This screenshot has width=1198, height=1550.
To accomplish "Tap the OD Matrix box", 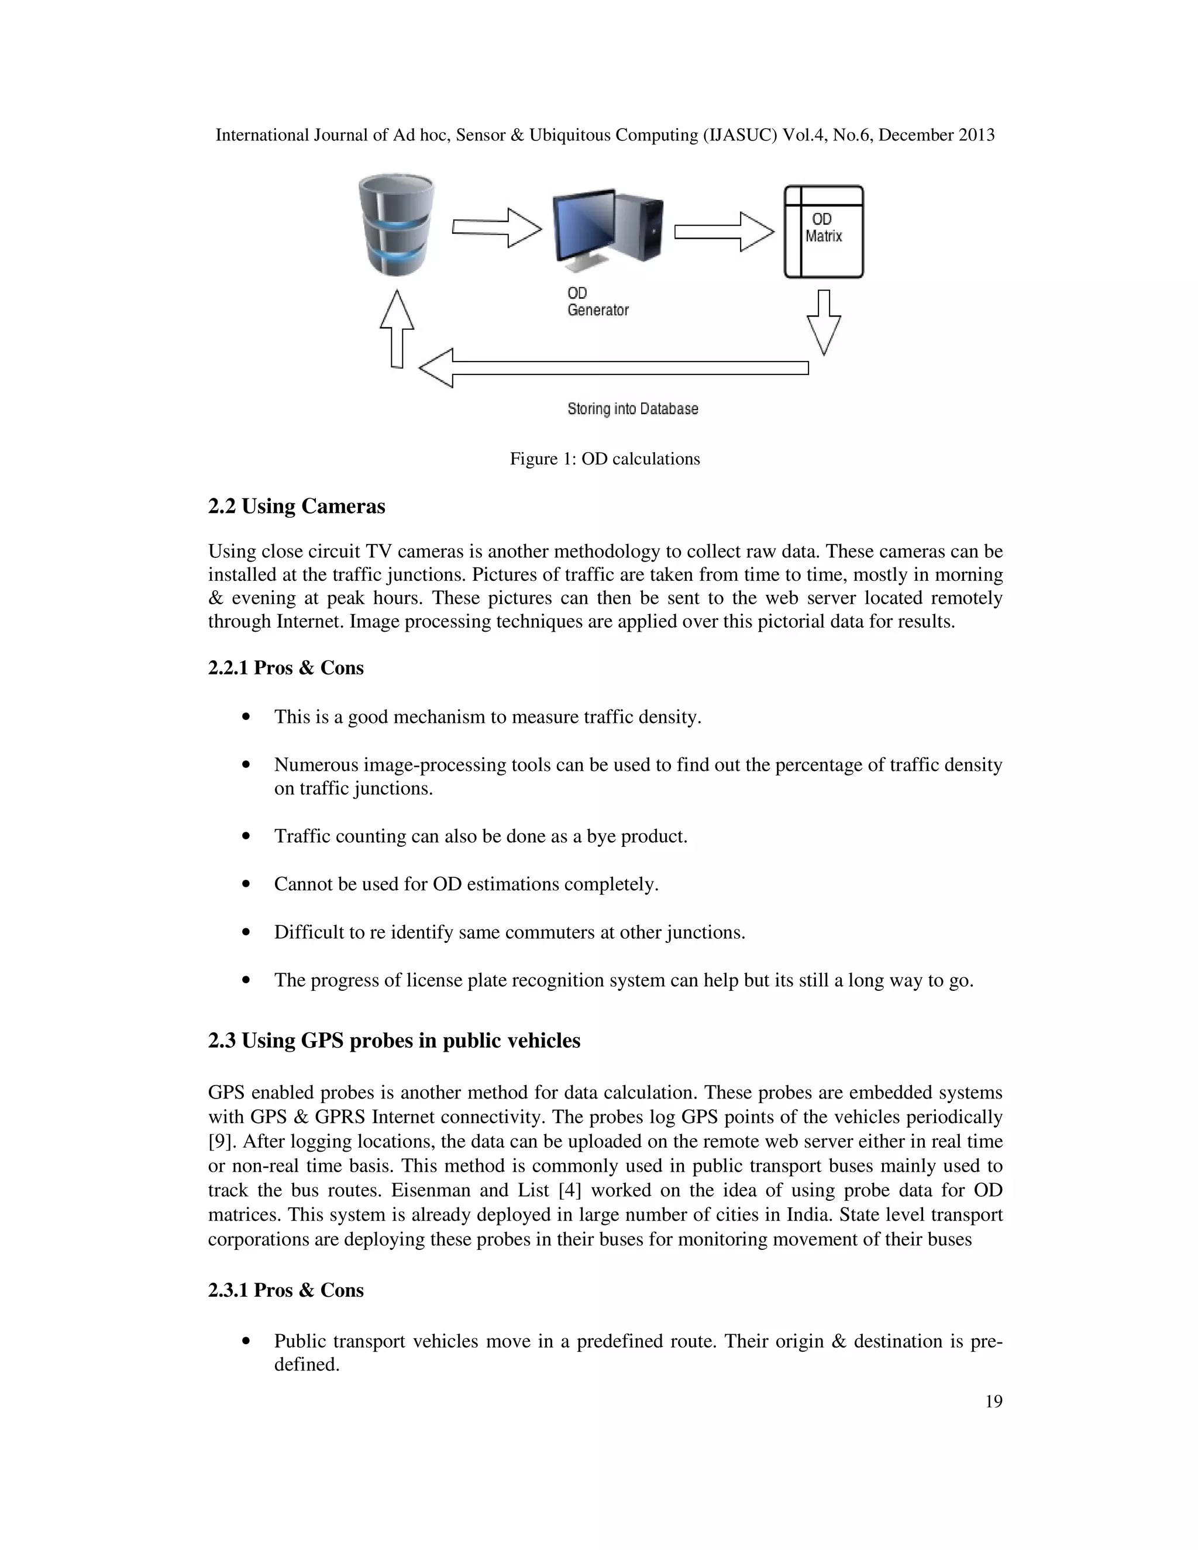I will pyautogui.click(x=823, y=232).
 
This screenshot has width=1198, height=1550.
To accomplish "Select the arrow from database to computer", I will pyautogui.click(x=497, y=228).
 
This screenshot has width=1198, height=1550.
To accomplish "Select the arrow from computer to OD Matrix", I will pyautogui.click(x=724, y=232).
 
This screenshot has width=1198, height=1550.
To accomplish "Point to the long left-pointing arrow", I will pyautogui.click(x=613, y=368).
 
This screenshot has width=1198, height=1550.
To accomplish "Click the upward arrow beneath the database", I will pyautogui.click(x=397, y=329).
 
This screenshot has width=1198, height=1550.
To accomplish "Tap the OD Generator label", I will pyautogui.click(x=598, y=302).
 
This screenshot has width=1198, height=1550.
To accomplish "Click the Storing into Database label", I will pyautogui.click(x=632, y=409).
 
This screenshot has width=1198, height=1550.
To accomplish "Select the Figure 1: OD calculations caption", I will pyautogui.click(x=605, y=459).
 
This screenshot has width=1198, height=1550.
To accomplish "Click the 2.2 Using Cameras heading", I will pyautogui.click(x=297, y=507).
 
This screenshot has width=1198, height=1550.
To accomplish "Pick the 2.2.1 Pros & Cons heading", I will pyautogui.click(x=285, y=668).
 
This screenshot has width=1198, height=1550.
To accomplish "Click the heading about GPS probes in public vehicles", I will pyautogui.click(x=394, y=1041).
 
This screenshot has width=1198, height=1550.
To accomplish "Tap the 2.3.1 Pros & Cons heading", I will pyautogui.click(x=285, y=1290).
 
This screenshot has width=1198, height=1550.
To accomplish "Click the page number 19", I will pyautogui.click(x=994, y=1401).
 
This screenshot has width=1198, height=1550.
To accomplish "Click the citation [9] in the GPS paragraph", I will pyautogui.click(x=222, y=1142).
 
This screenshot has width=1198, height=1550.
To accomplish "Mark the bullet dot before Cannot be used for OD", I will pyautogui.click(x=246, y=884).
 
